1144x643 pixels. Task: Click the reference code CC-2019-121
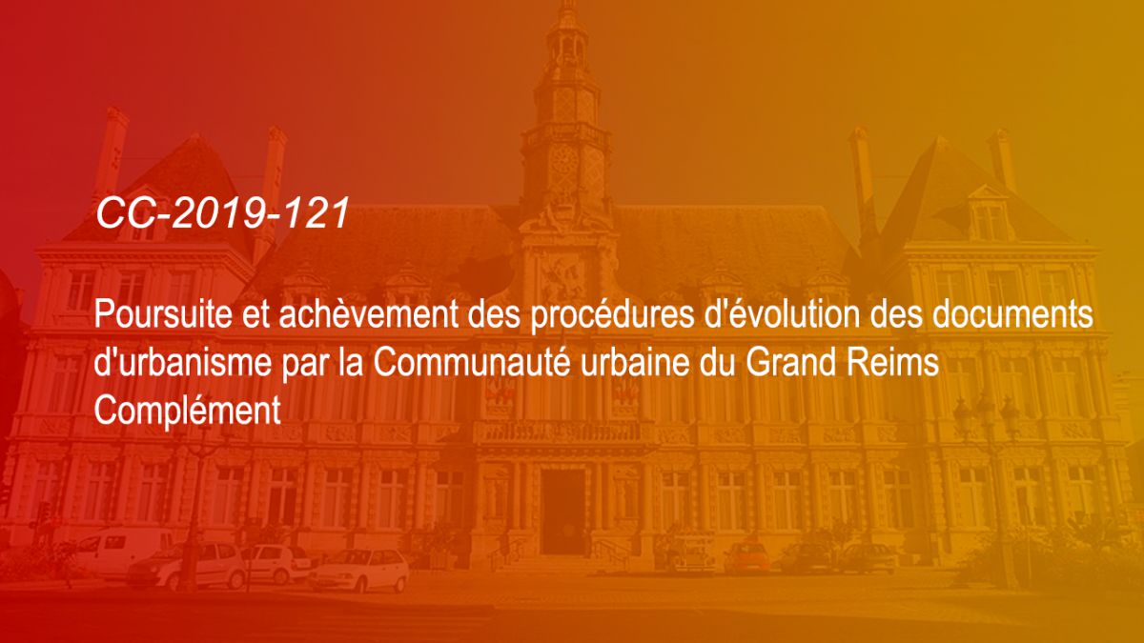tap(222, 212)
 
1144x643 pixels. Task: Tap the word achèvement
tap(368, 314)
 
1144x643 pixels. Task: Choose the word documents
tap(1012, 314)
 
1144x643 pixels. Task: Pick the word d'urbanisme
tap(182, 362)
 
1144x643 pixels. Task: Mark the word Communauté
tap(471, 362)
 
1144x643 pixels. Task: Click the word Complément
tap(188, 411)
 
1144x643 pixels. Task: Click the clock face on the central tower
tap(564, 162)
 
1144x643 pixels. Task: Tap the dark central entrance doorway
tap(562, 512)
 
